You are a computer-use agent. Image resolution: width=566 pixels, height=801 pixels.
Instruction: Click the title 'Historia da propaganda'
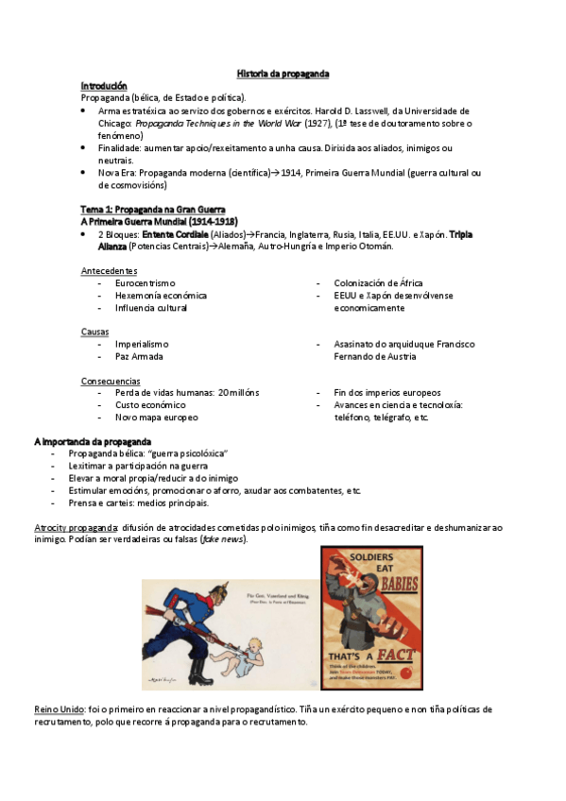[283, 73]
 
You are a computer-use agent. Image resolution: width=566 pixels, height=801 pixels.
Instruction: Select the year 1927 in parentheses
[316, 123]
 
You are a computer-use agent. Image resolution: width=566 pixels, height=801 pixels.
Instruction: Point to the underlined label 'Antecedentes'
[110, 270]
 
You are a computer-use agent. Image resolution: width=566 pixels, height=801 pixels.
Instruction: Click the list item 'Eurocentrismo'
[146, 282]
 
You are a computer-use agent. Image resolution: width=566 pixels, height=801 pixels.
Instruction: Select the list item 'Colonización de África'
[379, 282]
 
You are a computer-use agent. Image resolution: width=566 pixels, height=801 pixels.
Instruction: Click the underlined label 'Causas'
[95, 332]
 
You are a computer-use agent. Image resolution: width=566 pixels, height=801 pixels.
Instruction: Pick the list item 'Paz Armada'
[139, 356]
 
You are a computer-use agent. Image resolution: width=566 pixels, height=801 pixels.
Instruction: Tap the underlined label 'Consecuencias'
[112, 381]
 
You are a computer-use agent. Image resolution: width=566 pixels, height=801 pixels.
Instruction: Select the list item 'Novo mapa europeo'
[157, 417]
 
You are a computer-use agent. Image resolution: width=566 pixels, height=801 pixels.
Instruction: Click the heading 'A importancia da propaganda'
[92, 442]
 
